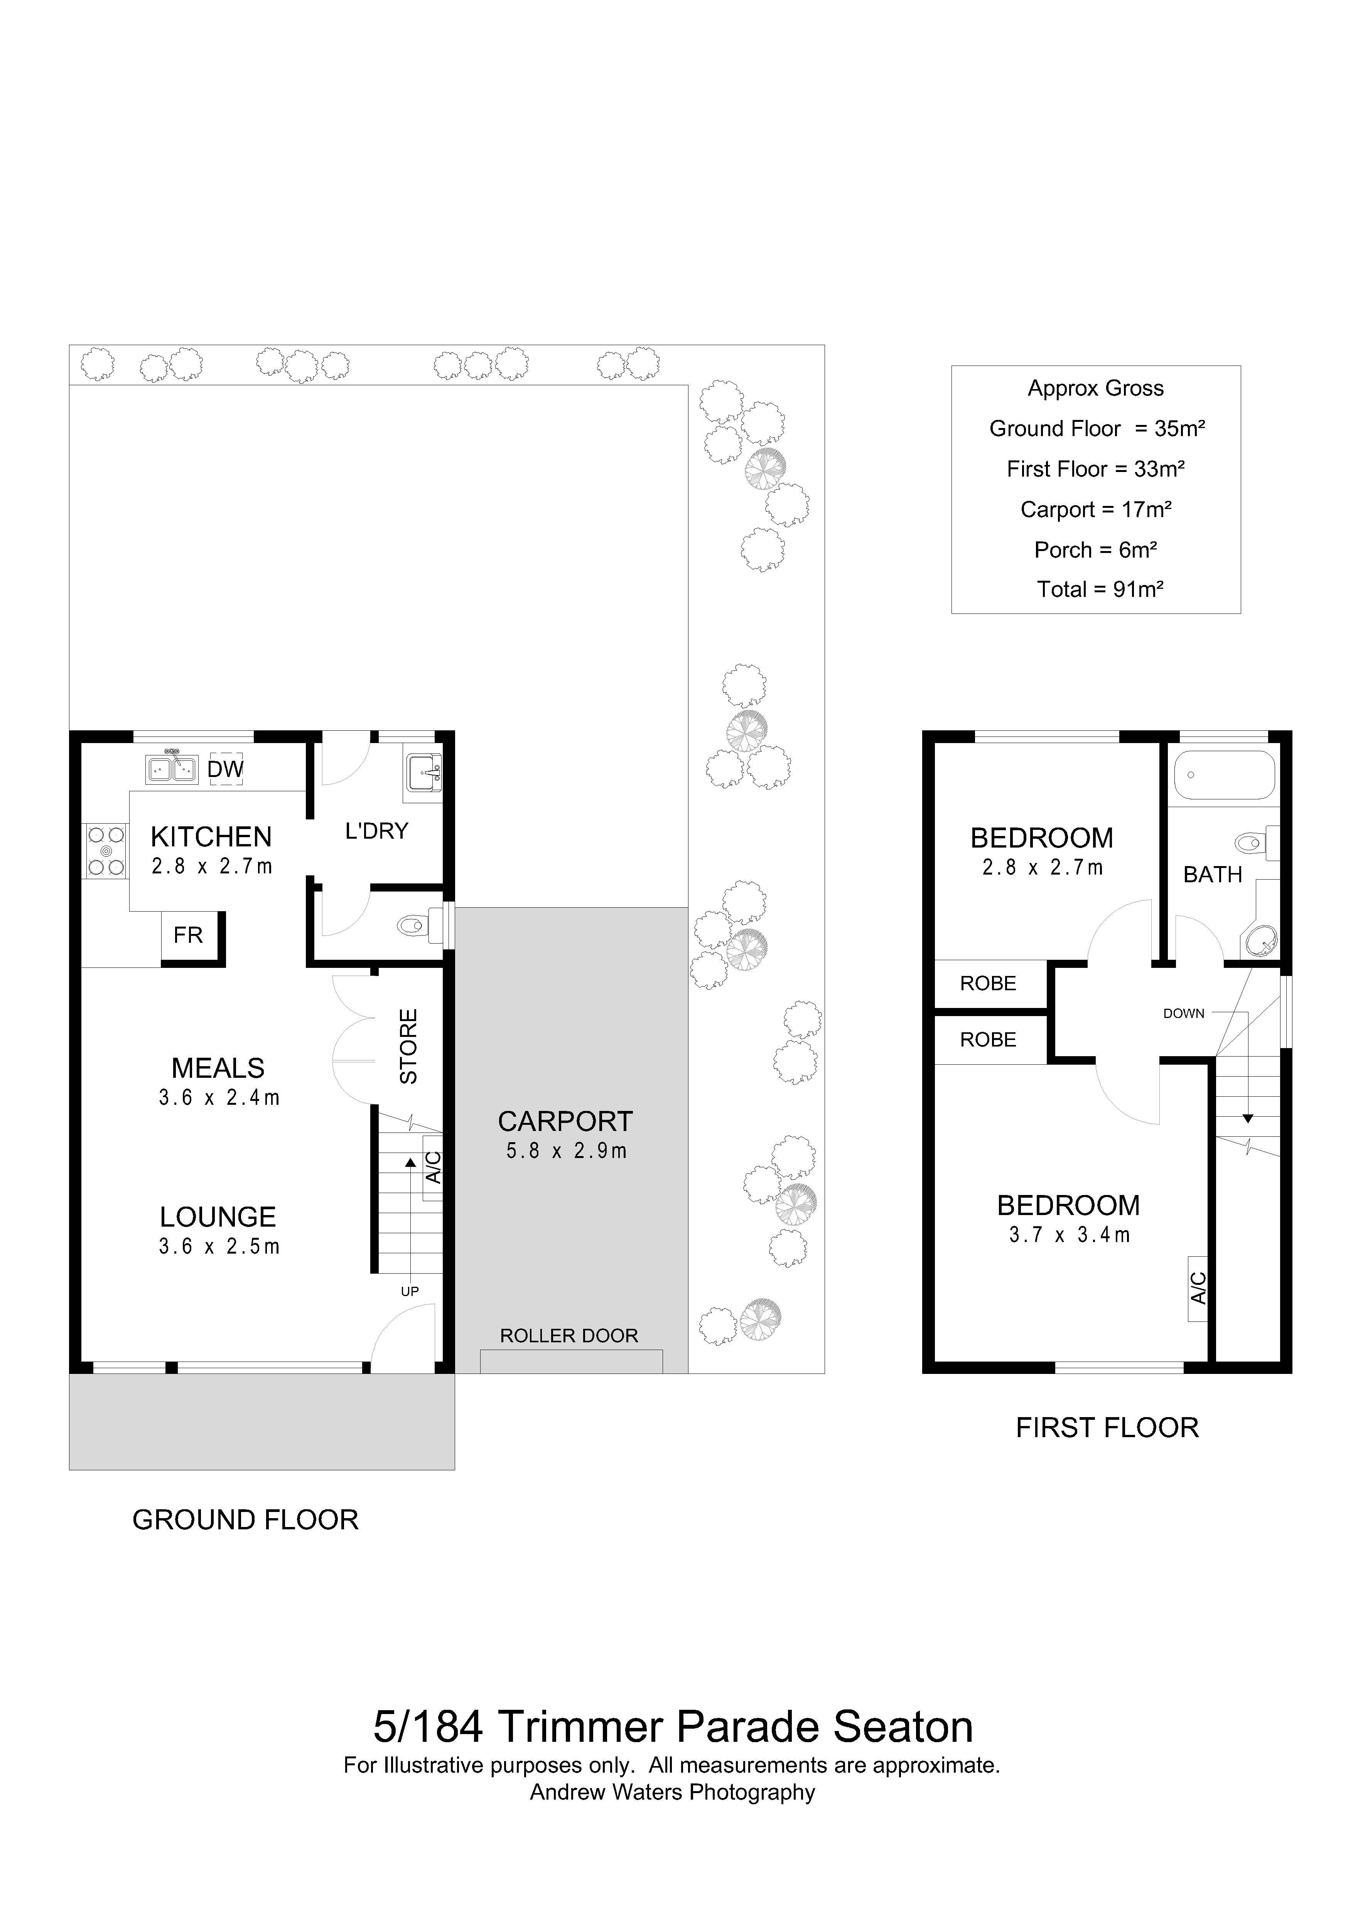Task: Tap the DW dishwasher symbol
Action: point(225,769)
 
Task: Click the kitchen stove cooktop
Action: point(106,851)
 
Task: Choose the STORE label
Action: point(408,1047)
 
